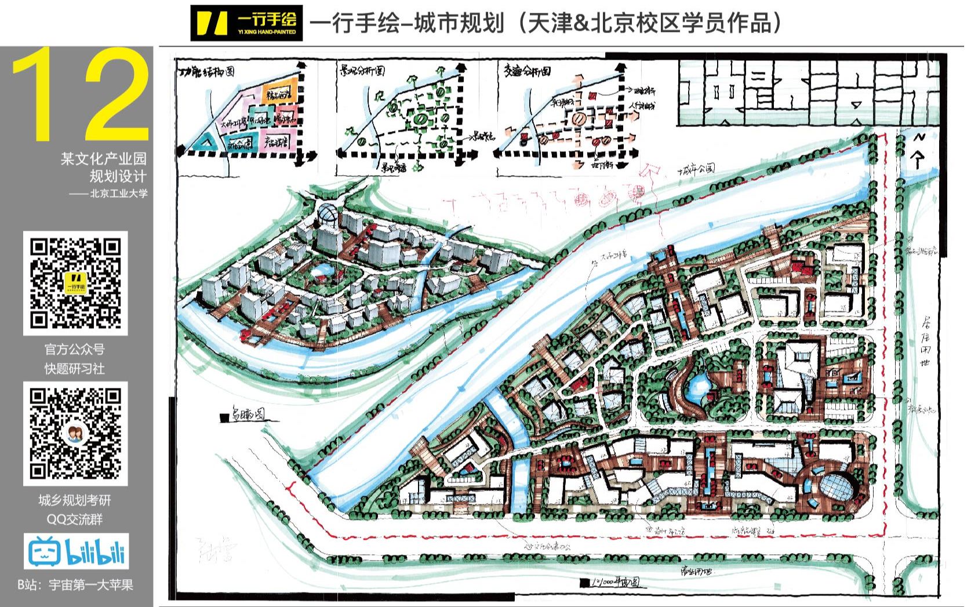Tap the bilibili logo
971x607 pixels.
coord(76,551)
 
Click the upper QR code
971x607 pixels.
coord(75,283)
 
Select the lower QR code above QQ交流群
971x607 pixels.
coord(75,433)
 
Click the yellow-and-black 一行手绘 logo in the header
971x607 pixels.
coord(246,23)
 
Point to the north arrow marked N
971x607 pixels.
coord(917,151)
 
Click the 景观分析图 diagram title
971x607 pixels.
coord(362,72)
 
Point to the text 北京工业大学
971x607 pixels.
coord(118,194)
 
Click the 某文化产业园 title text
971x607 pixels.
coord(104,159)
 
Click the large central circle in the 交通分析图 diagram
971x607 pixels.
coord(579,119)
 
